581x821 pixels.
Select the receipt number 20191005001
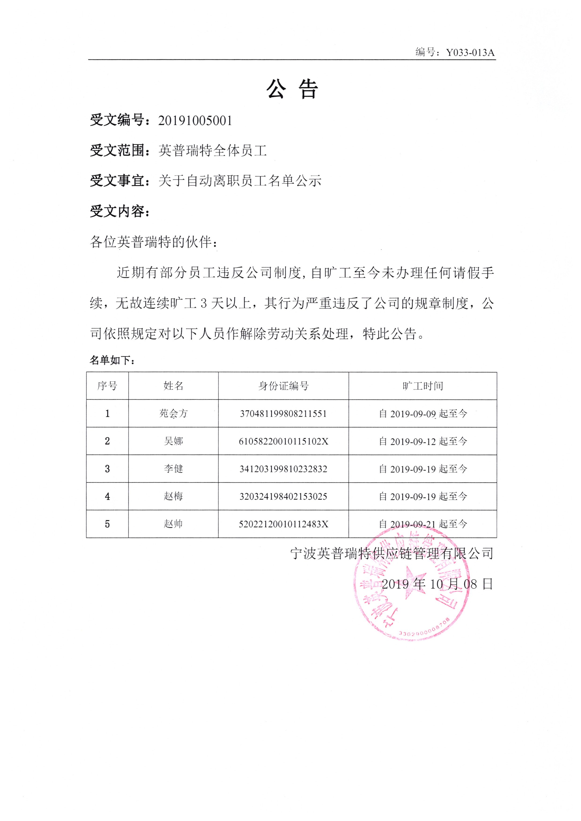[195, 121]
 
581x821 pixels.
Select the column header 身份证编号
[283, 386]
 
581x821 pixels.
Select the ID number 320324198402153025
[283, 496]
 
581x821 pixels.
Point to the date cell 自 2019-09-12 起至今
[423, 441]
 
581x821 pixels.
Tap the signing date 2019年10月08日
[437, 584]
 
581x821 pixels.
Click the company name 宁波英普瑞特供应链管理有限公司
[392, 553]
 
